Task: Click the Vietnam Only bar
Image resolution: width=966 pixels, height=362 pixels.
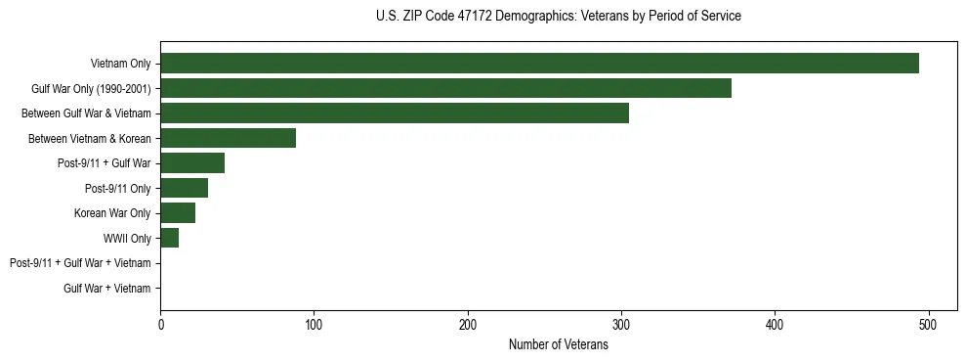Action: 539,63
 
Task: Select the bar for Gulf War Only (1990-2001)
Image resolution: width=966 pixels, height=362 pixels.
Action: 445,88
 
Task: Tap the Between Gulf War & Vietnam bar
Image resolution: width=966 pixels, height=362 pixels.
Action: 395,113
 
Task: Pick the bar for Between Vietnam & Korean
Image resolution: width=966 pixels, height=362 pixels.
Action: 228,138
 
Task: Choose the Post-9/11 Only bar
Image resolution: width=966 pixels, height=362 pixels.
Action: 184,188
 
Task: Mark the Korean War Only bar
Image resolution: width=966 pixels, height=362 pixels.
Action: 178,213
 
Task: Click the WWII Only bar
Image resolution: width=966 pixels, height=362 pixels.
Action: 169,238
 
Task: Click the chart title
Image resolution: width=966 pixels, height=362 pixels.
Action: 558,17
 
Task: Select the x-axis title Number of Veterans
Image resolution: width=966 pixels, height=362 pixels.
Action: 558,344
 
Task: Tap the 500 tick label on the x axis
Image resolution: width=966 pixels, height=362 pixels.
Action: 929,325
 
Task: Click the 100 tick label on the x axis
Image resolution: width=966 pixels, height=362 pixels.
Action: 314,325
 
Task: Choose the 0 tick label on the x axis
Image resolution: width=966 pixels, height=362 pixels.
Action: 160,325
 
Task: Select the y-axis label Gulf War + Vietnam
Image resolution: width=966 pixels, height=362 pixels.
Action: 107,289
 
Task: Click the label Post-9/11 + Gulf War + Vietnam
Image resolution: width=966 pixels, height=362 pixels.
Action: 80,263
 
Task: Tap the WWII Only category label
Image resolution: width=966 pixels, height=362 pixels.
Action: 127,239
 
